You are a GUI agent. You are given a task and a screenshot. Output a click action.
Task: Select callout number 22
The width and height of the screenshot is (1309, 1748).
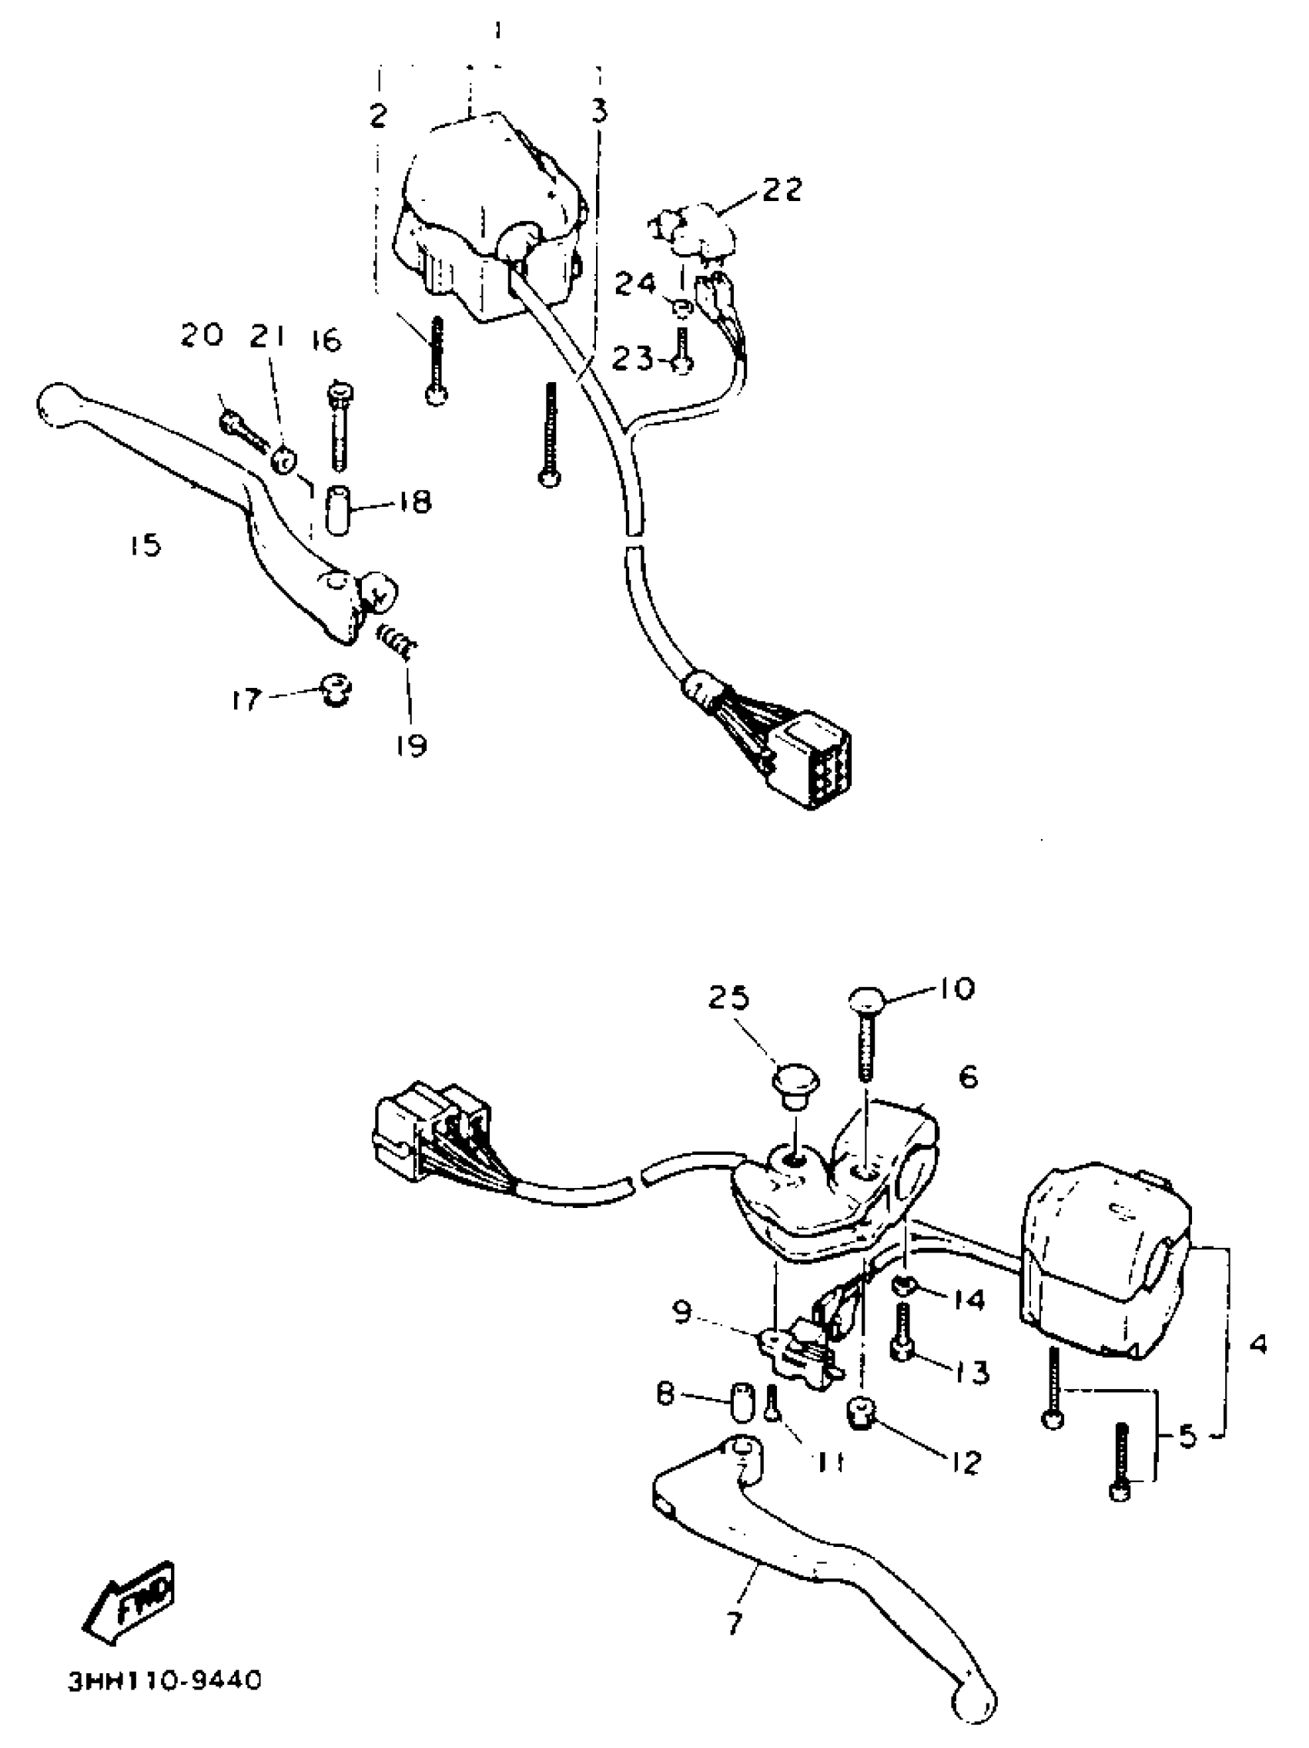[x=782, y=190]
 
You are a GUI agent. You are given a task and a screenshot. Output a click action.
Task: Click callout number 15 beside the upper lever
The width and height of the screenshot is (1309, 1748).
[x=146, y=545]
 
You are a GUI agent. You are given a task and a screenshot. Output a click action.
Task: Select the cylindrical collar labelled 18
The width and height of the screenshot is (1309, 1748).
[x=338, y=512]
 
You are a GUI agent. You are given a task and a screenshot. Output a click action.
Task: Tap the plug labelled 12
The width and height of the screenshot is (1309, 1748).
[x=860, y=1411]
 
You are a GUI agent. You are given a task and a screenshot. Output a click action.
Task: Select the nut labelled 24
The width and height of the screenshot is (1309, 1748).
[x=684, y=306]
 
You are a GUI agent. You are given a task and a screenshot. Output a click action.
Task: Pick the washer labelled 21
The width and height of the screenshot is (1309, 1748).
[x=283, y=458]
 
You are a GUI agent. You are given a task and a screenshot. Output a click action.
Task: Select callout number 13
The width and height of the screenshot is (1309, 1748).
[x=971, y=1373]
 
